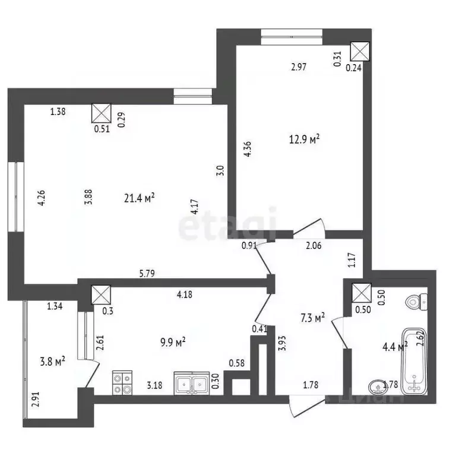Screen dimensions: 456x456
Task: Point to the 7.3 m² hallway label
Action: click(x=312, y=319)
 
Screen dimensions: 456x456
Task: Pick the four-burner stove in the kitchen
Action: click(x=122, y=382)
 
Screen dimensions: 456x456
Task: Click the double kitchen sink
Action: click(x=191, y=383)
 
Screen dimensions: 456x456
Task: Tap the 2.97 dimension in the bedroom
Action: click(x=299, y=68)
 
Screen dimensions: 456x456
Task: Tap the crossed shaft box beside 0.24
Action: click(x=360, y=51)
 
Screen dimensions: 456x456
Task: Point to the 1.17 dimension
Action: click(x=350, y=259)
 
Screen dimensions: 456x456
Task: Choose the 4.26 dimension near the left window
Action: click(x=42, y=198)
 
